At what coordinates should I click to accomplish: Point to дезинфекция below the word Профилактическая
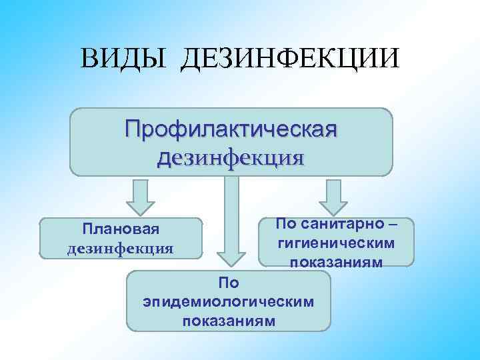tap(229, 158)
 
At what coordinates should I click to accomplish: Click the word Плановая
tap(121, 230)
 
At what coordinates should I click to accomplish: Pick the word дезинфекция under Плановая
tap(121, 249)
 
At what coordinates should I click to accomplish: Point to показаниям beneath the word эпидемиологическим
tap(228, 320)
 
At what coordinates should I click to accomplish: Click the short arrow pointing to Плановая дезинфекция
tap(141, 196)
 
